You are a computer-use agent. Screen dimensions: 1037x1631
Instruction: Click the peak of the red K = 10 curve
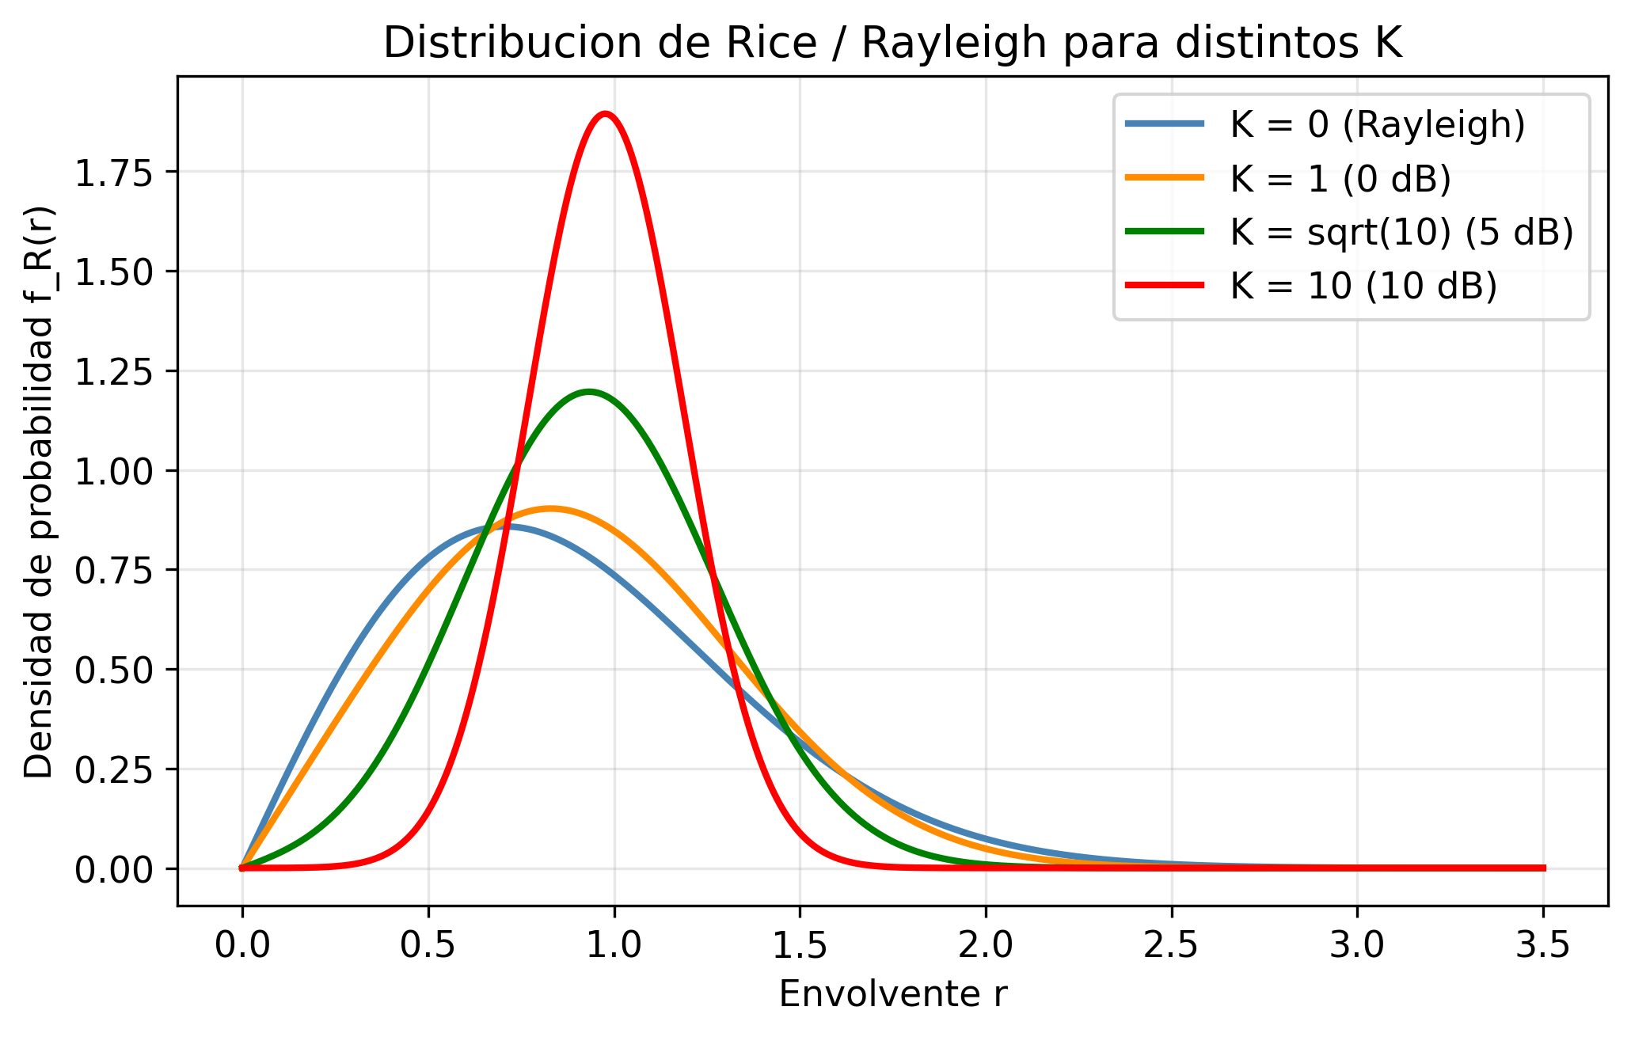coord(606,114)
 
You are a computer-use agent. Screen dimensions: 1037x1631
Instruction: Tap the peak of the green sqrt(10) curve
coord(588,391)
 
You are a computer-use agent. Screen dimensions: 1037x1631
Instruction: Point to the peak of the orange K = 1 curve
coord(551,508)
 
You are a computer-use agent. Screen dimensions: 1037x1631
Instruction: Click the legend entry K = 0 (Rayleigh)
coord(1377,125)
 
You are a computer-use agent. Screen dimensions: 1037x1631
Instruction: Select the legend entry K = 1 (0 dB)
coord(1340,180)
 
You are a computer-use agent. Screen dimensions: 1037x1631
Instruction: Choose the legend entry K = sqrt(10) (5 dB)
coord(1401,233)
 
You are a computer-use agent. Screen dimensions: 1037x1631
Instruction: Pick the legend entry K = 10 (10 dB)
coord(1363,287)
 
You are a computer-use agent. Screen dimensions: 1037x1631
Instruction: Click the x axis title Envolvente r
coord(893,994)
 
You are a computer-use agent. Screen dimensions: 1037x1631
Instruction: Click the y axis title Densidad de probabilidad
coord(40,491)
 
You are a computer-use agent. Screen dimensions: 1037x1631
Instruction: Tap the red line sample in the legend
coord(1165,286)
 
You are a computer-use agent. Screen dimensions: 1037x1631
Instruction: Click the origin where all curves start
coord(242,868)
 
